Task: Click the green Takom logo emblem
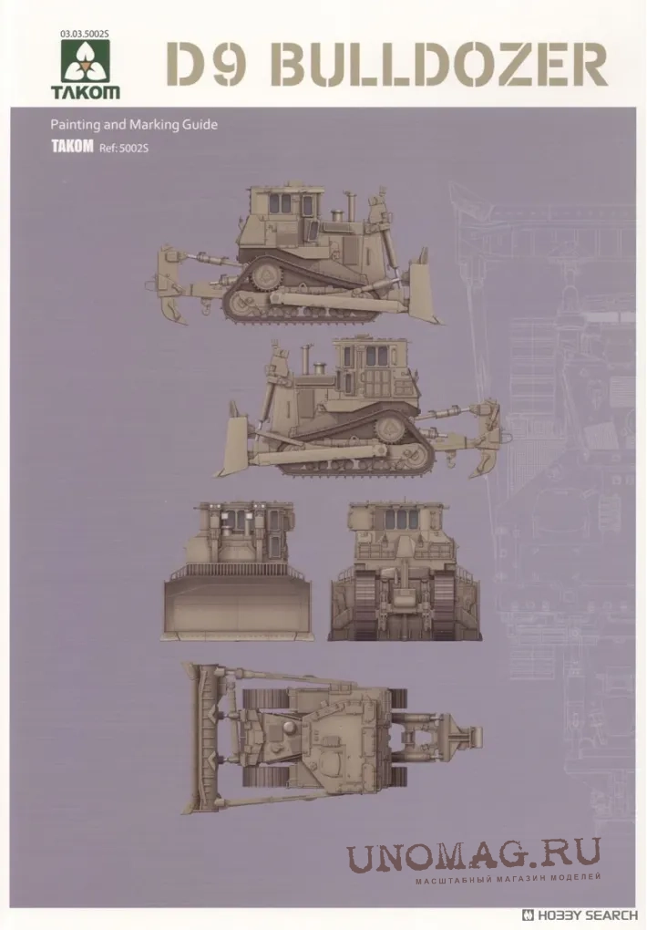[x=86, y=64]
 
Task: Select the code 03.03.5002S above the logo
[x=85, y=35]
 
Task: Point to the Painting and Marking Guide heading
[x=134, y=125]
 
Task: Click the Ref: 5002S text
[x=124, y=149]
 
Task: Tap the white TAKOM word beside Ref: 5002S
[x=72, y=147]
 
